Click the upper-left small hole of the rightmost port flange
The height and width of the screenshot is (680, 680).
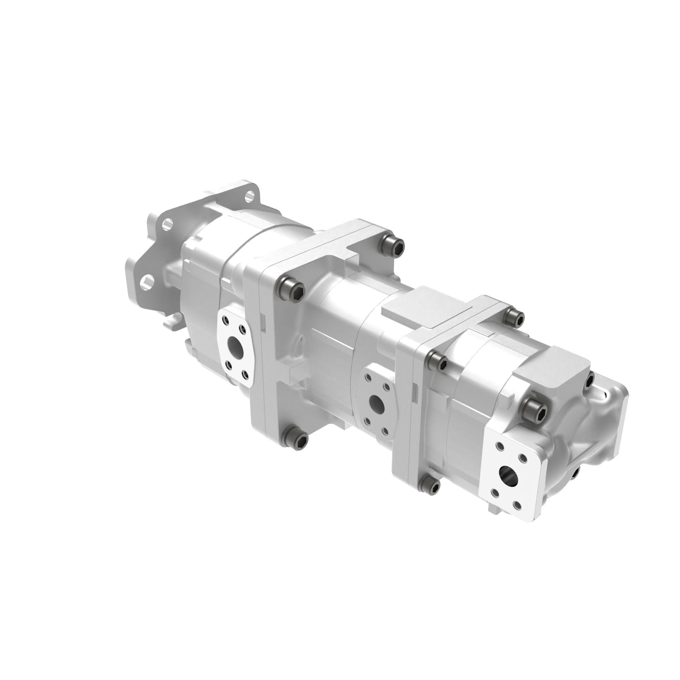tap(499, 446)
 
